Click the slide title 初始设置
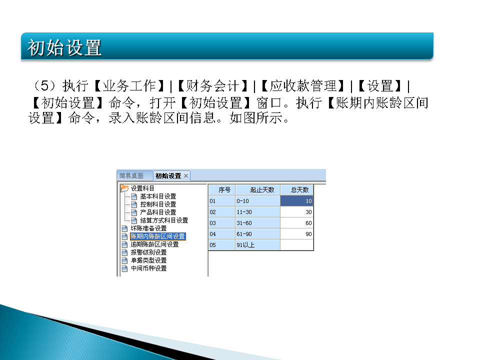(65, 47)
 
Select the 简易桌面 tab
(131, 175)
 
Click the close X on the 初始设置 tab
(186, 175)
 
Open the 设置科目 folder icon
(124, 188)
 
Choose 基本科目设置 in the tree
(158, 196)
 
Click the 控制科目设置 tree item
(158, 204)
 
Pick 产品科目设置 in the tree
(158, 212)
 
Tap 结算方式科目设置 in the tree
(164, 220)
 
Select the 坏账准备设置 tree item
(148, 228)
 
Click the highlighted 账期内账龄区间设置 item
(157, 236)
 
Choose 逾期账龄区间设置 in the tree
(154, 244)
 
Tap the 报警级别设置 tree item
(148, 252)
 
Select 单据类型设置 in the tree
(148, 260)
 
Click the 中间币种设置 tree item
(148, 268)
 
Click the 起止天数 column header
(257, 190)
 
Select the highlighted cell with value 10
(297, 201)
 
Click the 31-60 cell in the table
(257, 223)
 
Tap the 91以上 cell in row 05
(257, 245)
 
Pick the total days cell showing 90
(297, 234)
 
